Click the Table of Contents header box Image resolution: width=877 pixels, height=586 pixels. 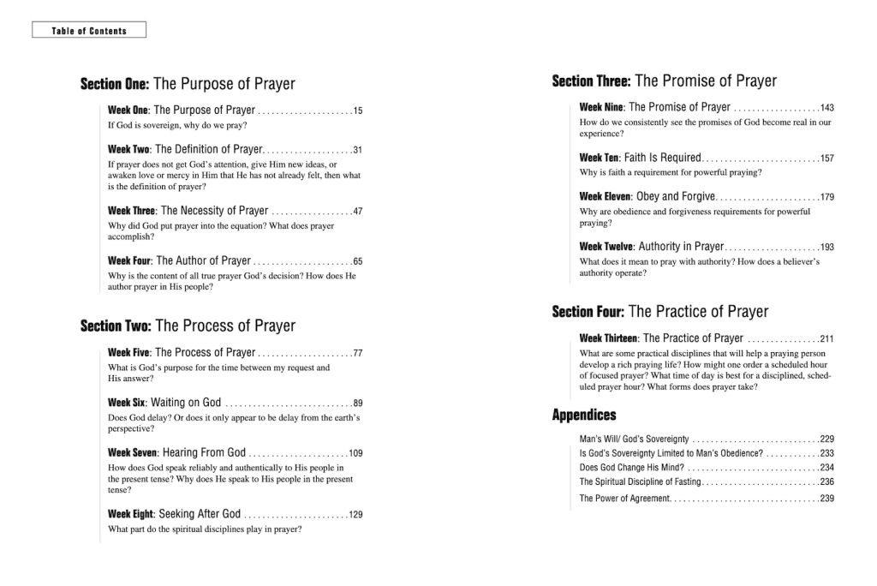pyautogui.click(x=89, y=31)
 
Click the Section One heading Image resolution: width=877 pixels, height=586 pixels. pyautogui.click(x=188, y=84)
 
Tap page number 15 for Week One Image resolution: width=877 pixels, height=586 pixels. pyautogui.click(x=358, y=111)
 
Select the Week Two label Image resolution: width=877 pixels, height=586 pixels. pyautogui.click(x=128, y=150)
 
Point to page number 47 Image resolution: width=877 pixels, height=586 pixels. pyautogui.click(x=358, y=211)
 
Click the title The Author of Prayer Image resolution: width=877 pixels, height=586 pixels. pyautogui.click(x=203, y=260)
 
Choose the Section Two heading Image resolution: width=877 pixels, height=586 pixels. pyautogui.click(x=188, y=326)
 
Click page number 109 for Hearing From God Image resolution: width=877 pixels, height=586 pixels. pyautogui.click(x=355, y=453)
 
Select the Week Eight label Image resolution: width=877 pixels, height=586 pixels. pyautogui.click(x=130, y=514)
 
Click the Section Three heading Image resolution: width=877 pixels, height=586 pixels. pyautogui.click(x=664, y=81)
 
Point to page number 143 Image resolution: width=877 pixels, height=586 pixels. pyautogui.click(x=826, y=108)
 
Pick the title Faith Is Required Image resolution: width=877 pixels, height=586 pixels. pyautogui.click(x=662, y=158)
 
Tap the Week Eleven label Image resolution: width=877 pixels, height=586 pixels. pyautogui.click(x=606, y=197)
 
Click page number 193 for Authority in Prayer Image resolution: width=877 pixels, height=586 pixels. pyautogui.click(x=826, y=248)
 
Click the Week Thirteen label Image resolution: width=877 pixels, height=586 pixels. pyautogui.click(x=608, y=338)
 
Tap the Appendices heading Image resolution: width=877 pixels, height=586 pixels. pyautogui.click(x=584, y=416)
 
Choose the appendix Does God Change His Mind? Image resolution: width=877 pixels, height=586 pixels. pyautogui.click(x=631, y=468)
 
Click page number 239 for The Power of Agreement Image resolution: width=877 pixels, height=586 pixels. pyautogui.click(x=826, y=499)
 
